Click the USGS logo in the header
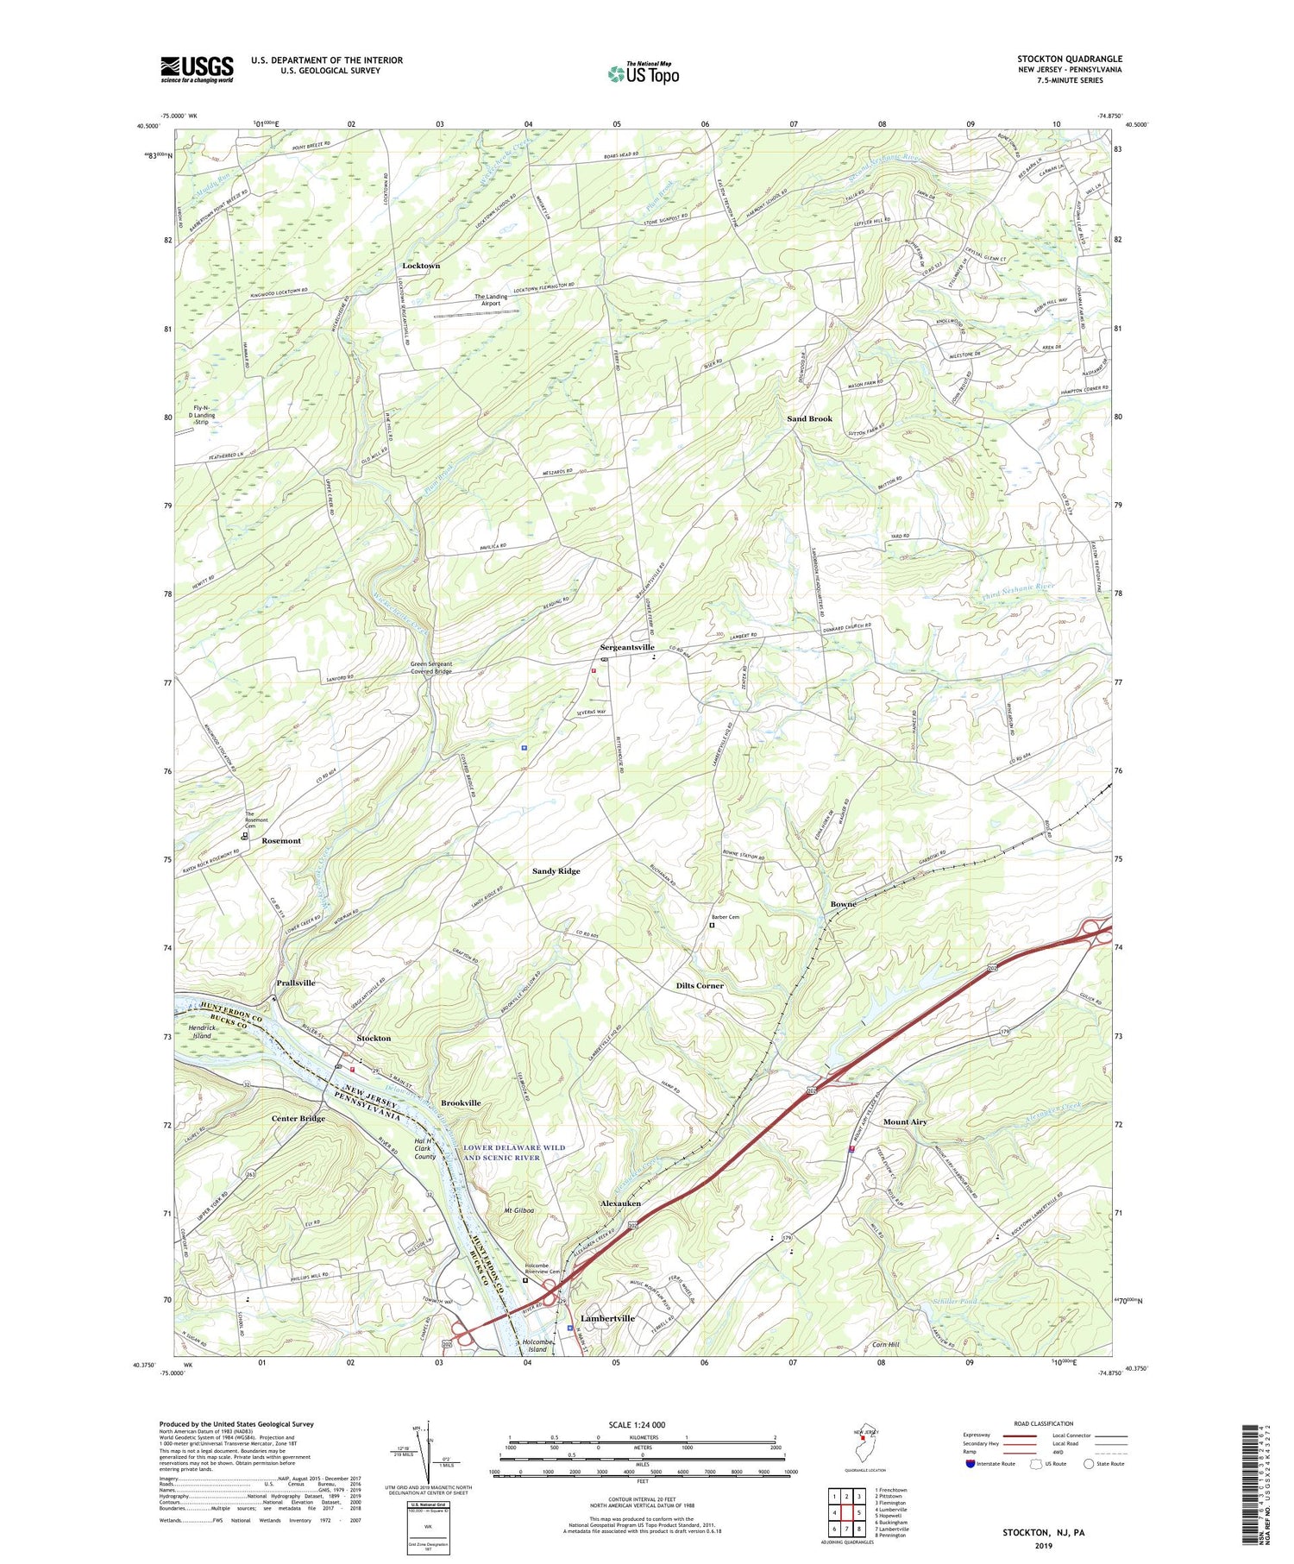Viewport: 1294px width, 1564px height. click(x=197, y=69)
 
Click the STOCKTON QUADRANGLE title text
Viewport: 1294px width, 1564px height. click(x=1069, y=60)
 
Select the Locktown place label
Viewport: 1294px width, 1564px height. click(x=421, y=266)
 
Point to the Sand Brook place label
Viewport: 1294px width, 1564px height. click(x=809, y=418)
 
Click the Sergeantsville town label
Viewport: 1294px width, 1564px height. click(x=627, y=647)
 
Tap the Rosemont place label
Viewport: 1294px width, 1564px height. click(x=281, y=840)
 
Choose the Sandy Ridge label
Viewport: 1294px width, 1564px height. click(x=556, y=871)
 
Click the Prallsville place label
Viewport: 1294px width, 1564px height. click(x=296, y=983)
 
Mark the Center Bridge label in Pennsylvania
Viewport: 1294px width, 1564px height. click(x=298, y=1118)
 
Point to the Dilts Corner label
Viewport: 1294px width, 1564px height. click(x=700, y=985)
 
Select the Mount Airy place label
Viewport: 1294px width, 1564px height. click(x=905, y=1121)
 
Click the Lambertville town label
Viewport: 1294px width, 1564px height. click(x=607, y=1318)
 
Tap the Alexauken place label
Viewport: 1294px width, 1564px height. click(x=620, y=1203)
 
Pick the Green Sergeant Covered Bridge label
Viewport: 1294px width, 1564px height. click(x=430, y=668)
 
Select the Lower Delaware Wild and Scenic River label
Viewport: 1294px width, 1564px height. click(x=514, y=1153)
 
